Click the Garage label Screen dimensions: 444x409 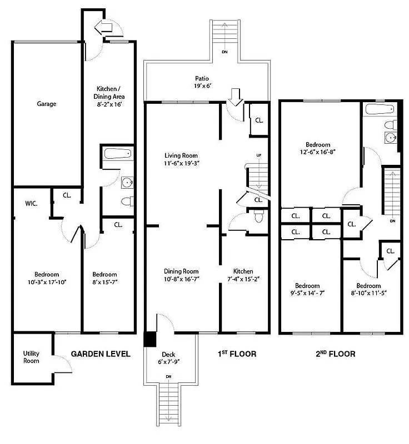(47, 104)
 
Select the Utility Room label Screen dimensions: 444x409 (31, 357)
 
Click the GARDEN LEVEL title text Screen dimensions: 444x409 (101, 354)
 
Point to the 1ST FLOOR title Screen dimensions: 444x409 (237, 354)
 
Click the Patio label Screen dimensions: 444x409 (202, 79)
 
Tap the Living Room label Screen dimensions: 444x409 (181, 155)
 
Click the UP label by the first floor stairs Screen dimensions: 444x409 (258, 155)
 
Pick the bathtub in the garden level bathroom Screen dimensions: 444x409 (117, 153)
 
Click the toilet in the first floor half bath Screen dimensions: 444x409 (257, 216)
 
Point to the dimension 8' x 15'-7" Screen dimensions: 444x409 (104, 282)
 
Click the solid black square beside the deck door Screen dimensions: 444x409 (150, 339)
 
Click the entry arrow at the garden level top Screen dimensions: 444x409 (104, 26)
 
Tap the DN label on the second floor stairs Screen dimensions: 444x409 (392, 221)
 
